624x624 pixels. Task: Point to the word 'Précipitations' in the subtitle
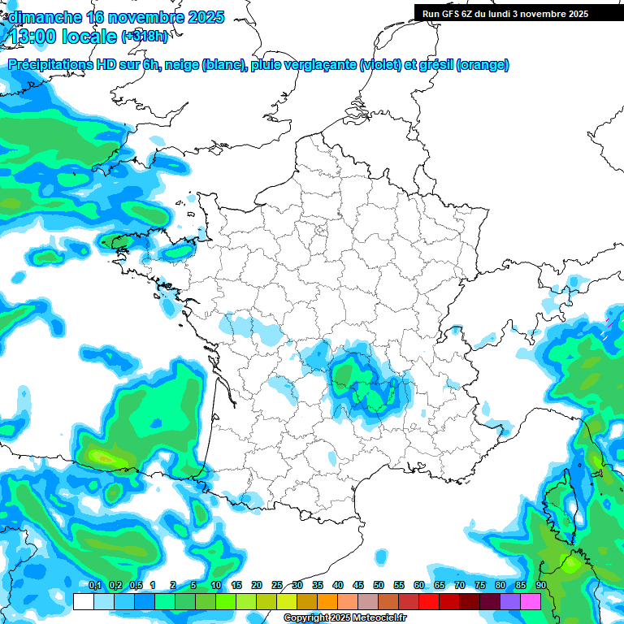pos(48,64)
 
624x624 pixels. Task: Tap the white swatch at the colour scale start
pos(83,601)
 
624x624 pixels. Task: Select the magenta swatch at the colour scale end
pos(531,601)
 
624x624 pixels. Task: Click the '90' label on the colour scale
pos(541,586)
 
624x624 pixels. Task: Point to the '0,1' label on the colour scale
pos(94,586)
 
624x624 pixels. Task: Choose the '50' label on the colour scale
pos(379,586)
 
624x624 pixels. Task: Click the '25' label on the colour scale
pos(277,586)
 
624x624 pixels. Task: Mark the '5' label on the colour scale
pos(193,586)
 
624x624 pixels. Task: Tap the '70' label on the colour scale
pos(460,586)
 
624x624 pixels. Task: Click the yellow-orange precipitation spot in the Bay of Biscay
pos(104,458)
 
